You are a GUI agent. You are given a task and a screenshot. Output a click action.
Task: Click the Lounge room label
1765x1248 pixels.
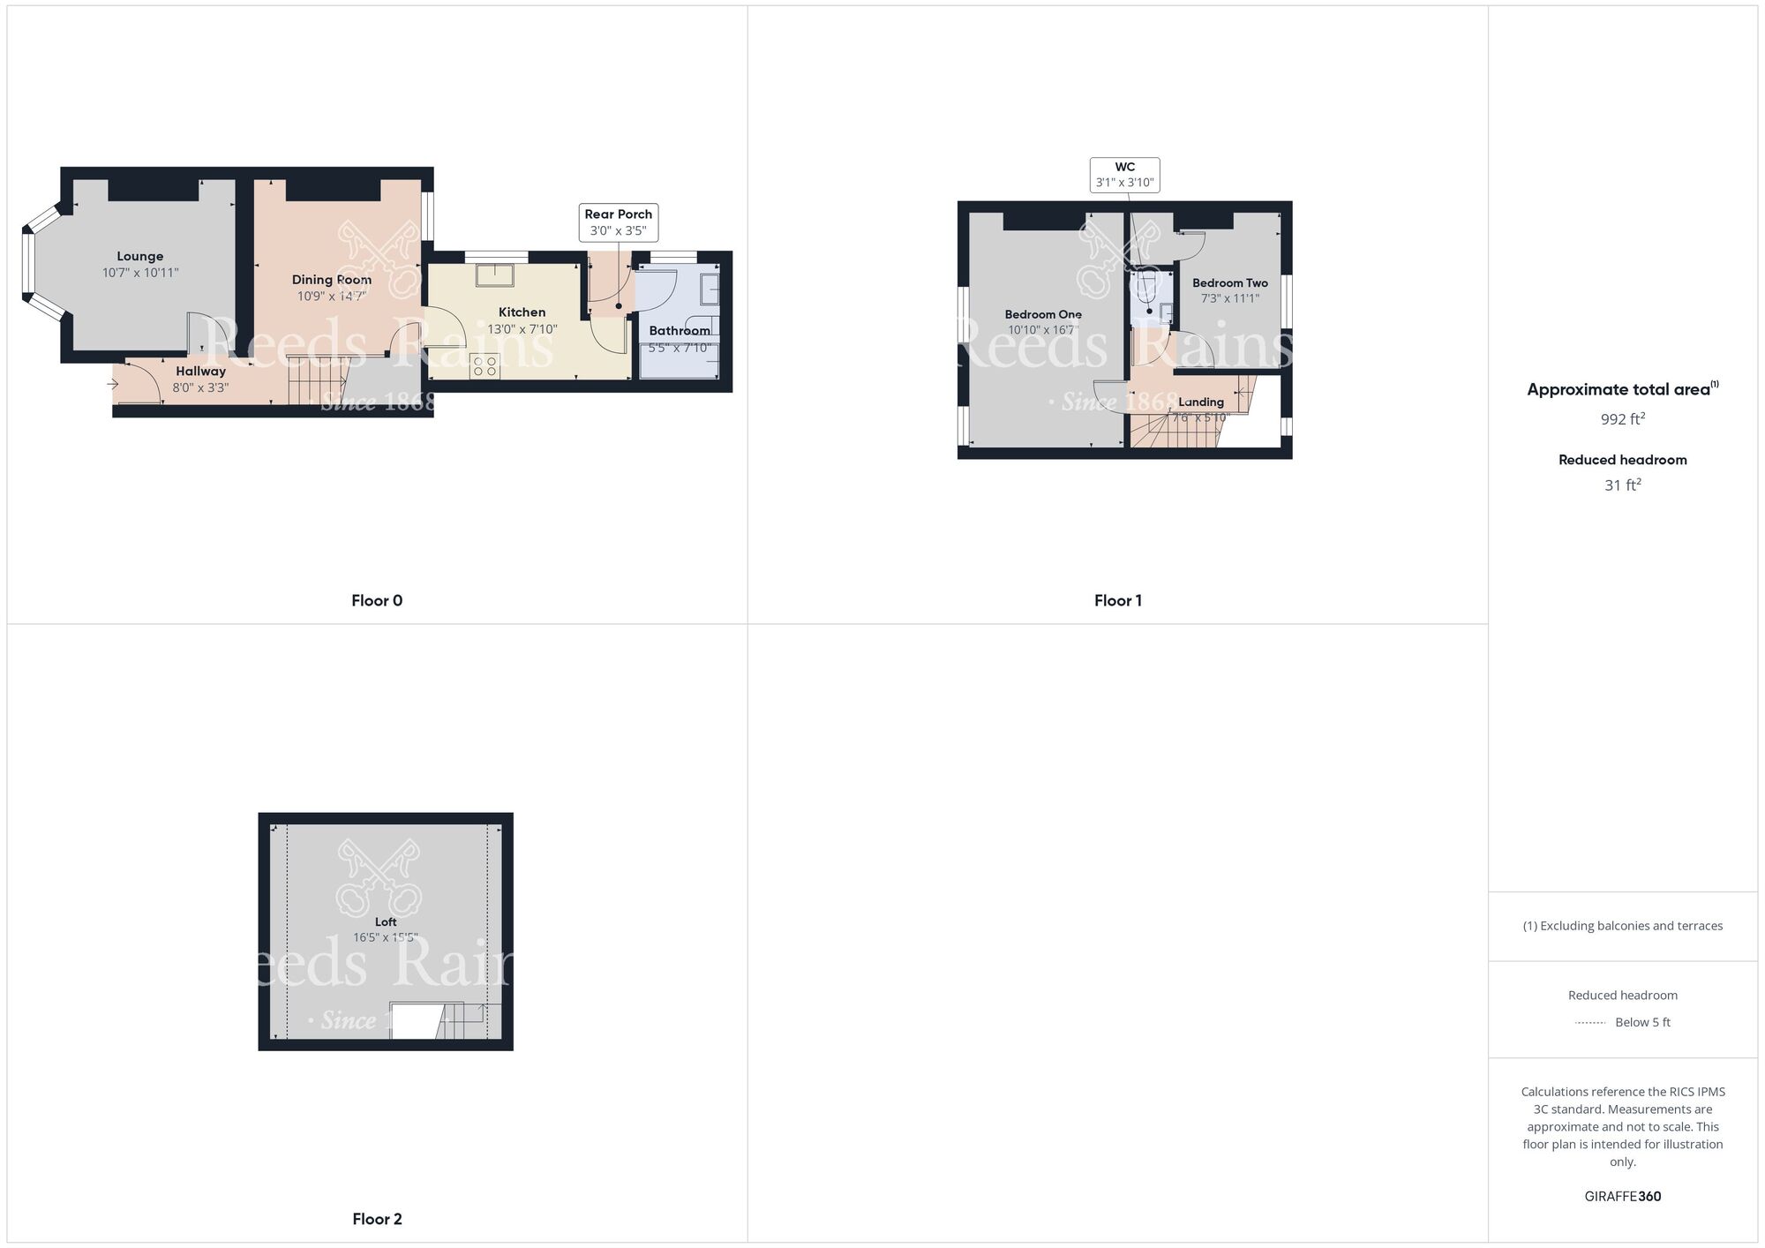(x=139, y=257)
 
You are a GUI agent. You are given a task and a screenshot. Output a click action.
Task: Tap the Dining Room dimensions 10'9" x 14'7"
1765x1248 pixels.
(x=331, y=297)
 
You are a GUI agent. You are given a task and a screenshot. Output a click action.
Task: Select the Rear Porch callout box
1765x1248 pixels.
(x=618, y=222)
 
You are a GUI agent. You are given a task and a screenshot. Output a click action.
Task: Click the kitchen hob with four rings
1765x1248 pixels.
(x=484, y=365)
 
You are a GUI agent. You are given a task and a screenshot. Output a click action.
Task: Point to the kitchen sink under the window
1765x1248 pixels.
(x=495, y=274)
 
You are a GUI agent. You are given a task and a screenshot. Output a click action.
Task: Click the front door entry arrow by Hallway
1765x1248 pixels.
(x=113, y=384)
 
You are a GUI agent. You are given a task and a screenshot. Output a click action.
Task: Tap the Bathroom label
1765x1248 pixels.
(x=679, y=331)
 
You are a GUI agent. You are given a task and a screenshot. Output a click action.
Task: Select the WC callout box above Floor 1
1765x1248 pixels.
(x=1124, y=175)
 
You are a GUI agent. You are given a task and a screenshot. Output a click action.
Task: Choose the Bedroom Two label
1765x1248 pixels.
(x=1229, y=283)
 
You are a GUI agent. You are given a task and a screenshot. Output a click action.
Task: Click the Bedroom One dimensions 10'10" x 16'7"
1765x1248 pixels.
(x=1042, y=330)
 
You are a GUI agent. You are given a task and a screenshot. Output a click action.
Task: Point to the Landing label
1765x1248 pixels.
(x=1200, y=402)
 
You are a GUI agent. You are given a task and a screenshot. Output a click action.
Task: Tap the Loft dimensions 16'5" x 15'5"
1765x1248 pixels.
(x=386, y=937)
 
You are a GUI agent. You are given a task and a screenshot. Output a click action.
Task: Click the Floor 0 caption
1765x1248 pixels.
(x=377, y=601)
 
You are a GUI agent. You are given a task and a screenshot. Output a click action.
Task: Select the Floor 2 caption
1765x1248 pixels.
(x=377, y=1219)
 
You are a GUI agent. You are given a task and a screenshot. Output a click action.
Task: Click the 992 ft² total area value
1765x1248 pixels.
(x=1622, y=419)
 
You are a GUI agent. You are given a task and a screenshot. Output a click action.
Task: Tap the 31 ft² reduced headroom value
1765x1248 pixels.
(x=1622, y=485)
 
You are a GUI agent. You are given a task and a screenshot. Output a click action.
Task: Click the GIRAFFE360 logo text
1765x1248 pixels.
(x=1622, y=1197)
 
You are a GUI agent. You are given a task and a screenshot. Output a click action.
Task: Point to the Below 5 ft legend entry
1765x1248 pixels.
(x=1641, y=1022)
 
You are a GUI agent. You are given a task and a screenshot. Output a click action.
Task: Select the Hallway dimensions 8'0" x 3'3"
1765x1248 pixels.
(x=200, y=387)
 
